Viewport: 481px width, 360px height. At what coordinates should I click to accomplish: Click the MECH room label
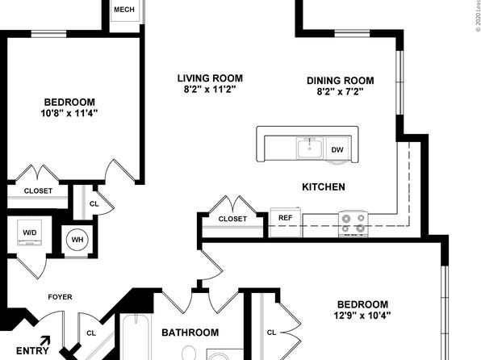coord(124,10)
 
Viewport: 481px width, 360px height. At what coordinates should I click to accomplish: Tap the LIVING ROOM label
coord(210,78)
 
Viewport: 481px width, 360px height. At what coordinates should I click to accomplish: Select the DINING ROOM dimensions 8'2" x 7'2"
coord(341,91)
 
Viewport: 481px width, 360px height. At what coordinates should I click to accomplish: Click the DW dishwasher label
coord(337,150)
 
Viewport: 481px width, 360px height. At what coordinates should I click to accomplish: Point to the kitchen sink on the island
coord(310,148)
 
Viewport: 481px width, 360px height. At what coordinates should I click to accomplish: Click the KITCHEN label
coord(324,187)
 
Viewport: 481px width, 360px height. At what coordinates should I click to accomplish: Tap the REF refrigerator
coord(285,222)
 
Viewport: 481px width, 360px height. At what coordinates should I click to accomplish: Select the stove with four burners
coord(353,224)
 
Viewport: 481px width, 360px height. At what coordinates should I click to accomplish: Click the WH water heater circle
coord(77,240)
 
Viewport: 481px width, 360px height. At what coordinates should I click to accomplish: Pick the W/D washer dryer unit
coord(29,232)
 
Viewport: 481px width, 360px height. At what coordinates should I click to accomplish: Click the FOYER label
coord(60,297)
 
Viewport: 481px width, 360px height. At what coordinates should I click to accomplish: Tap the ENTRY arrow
coord(45,341)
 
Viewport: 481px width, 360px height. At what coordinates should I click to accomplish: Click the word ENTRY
coord(32,351)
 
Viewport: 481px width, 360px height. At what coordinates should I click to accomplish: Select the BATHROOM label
coord(190,333)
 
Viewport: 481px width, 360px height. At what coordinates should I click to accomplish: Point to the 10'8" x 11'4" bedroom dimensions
coord(69,113)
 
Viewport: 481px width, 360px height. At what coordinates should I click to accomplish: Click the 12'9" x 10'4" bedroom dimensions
coord(362,315)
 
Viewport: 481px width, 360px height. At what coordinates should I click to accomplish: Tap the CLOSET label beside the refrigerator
coord(232,219)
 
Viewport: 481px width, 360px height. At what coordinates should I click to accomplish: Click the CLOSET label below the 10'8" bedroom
coord(38,190)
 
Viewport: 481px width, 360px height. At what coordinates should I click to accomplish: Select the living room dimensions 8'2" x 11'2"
coord(210,90)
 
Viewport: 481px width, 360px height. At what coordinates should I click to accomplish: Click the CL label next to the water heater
coord(94,203)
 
